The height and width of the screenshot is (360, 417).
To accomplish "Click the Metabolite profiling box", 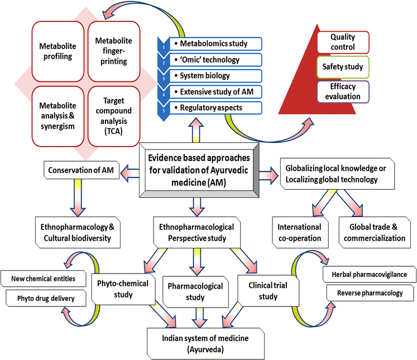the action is click(57, 51).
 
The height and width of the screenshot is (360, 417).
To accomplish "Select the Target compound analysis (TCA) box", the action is click(114, 116).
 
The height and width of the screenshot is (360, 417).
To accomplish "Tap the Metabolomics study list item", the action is click(215, 44).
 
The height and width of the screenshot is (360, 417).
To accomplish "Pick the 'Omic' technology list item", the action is click(215, 60).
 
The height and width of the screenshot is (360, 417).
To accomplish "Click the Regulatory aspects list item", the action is click(215, 108).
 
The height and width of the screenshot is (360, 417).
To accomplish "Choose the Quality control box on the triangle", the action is click(343, 42).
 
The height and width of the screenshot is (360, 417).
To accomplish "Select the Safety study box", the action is click(343, 67).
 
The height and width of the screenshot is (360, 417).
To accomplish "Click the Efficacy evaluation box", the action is click(343, 92).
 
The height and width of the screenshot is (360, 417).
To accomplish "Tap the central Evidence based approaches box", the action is click(199, 170).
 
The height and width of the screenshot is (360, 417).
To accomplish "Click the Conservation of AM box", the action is click(82, 170).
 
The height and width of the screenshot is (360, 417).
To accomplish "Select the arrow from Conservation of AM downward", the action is click(78, 198).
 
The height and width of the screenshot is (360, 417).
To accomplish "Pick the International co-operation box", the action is click(300, 232).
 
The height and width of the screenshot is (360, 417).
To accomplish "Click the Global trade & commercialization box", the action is click(375, 232).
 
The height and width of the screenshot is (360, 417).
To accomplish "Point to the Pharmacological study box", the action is click(195, 292).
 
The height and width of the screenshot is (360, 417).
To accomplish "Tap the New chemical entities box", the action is click(44, 279).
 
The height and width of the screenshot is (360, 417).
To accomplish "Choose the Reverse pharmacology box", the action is click(370, 293).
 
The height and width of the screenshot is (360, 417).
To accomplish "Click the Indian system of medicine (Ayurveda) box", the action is click(205, 343).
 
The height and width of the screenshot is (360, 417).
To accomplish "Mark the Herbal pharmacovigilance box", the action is click(370, 275).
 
